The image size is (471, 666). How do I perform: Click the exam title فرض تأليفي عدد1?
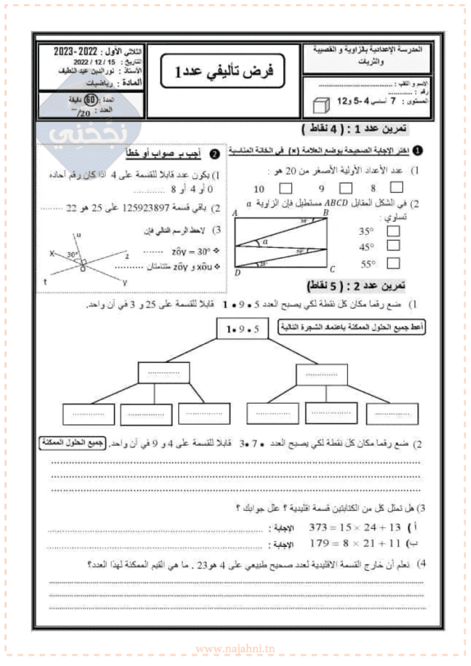click(225, 72)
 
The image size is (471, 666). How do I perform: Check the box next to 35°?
click(393, 230)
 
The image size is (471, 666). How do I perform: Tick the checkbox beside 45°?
click(393, 246)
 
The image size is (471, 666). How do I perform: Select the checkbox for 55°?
click(393, 263)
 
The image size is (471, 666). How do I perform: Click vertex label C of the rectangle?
click(332, 269)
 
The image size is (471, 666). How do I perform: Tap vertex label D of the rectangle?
click(237, 273)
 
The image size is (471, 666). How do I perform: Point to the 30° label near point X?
click(72, 255)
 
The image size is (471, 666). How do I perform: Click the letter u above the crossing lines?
click(79, 235)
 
